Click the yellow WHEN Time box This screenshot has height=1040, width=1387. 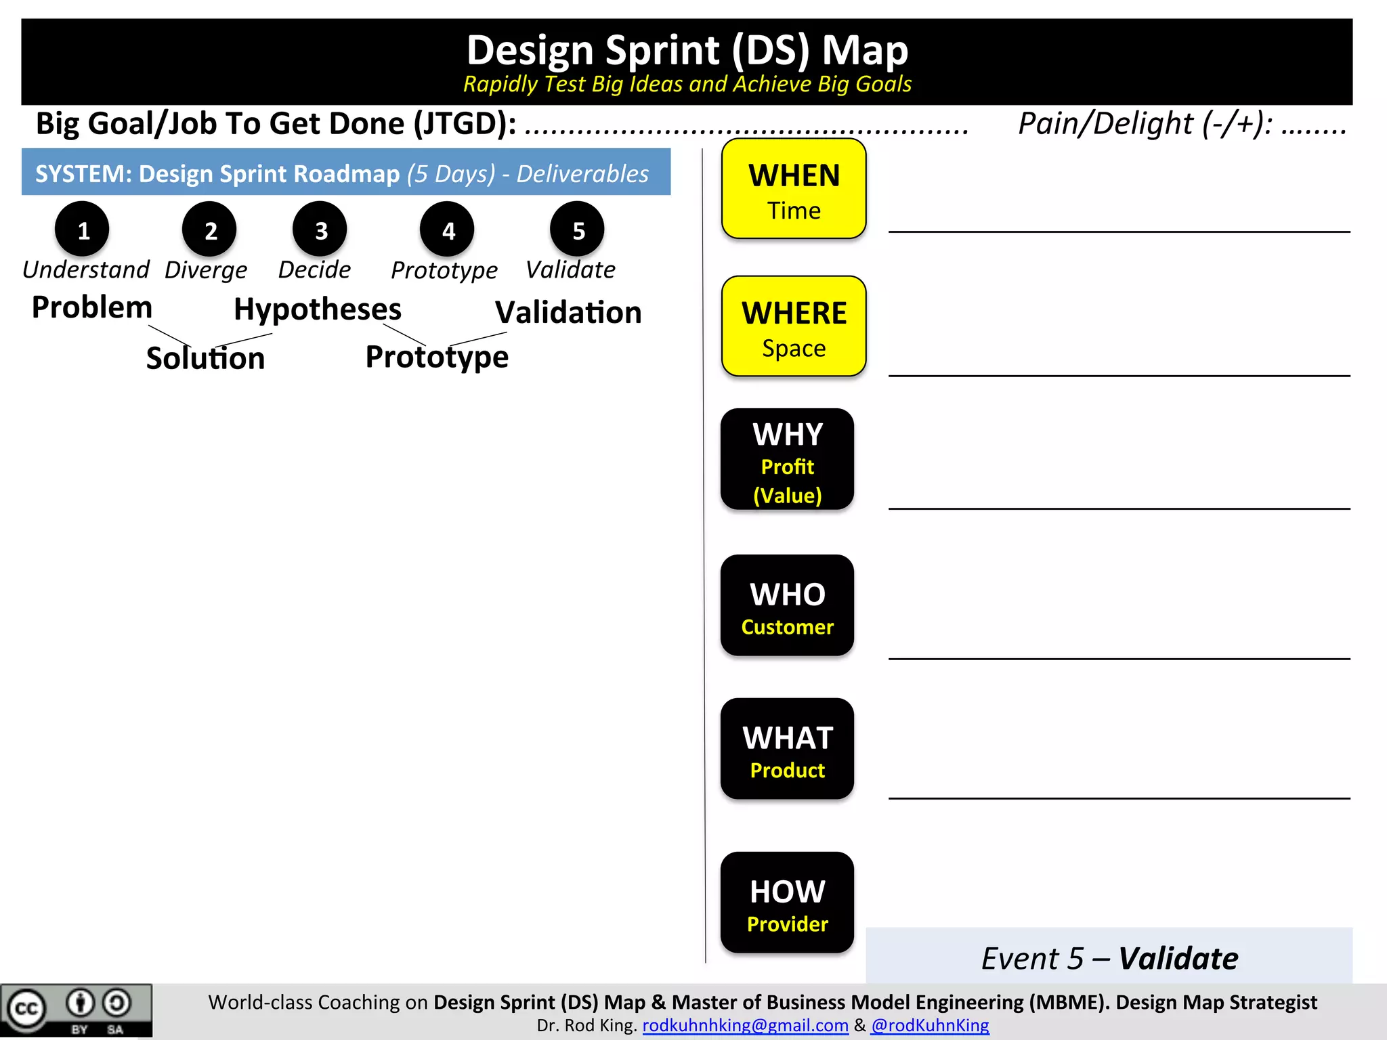point(794,189)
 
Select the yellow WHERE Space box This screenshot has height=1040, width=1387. point(794,326)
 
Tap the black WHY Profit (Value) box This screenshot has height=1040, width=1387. point(787,460)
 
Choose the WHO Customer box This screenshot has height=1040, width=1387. point(787,605)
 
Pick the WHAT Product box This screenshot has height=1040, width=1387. point(787,749)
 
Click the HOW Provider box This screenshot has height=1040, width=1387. point(787,903)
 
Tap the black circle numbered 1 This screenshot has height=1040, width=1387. point(83,230)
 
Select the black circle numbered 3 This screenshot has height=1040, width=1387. point(320,230)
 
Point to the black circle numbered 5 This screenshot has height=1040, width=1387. point(578,230)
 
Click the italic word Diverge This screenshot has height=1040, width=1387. point(206,270)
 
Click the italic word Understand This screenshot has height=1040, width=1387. point(86,269)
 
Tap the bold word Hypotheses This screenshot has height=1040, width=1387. point(318,309)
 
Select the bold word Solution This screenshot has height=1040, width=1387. point(205,358)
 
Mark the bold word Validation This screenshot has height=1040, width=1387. point(568,313)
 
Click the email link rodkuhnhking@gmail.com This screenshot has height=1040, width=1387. point(745,1026)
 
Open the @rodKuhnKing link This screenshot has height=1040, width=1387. point(930,1026)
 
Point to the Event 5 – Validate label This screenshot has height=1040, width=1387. point(1109,958)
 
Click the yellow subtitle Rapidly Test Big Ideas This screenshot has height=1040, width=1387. point(687,84)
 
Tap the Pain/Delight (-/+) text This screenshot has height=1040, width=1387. point(1145,124)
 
